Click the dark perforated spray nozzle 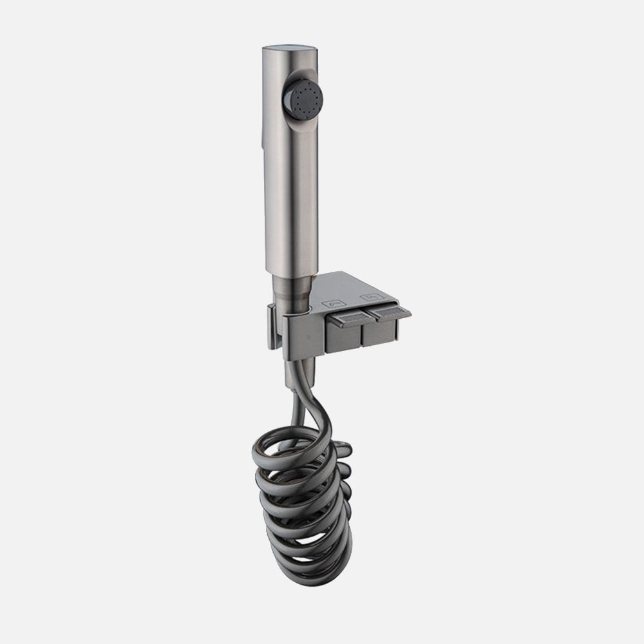click(x=303, y=99)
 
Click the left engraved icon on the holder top click(x=336, y=301)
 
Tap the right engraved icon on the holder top click(x=369, y=297)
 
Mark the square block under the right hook click(x=379, y=332)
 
